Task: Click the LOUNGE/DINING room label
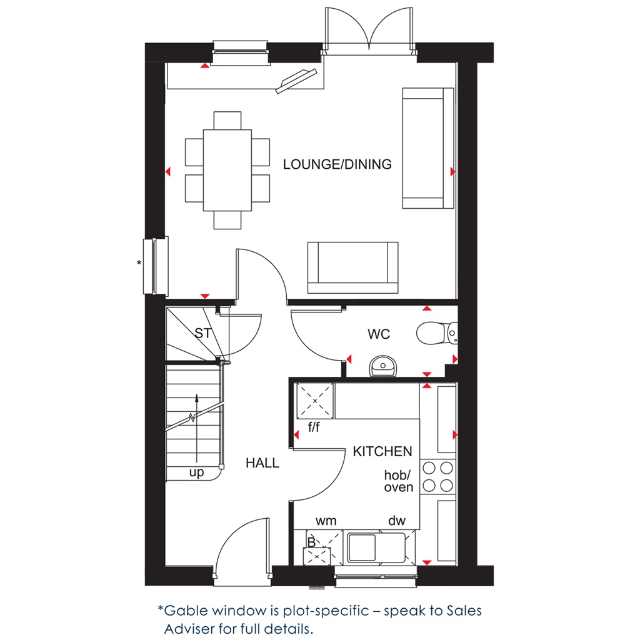(x=337, y=164)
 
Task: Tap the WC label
(x=379, y=334)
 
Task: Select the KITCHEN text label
(x=382, y=451)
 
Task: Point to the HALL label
(x=262, y=463)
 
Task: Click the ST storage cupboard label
(x=202, y=333)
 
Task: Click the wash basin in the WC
(x=382, y=367)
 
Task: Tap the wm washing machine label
(x=326, y=520)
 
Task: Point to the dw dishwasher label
(x=397, y=520)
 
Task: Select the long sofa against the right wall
(x=427, y=147)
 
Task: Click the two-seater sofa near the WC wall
(x=352, y=267)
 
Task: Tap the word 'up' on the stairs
(x=196, y=473)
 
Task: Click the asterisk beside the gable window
(x=139, y=263)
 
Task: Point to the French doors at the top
(x=369, y=31)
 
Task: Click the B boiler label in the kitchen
(x=311, y=542)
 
